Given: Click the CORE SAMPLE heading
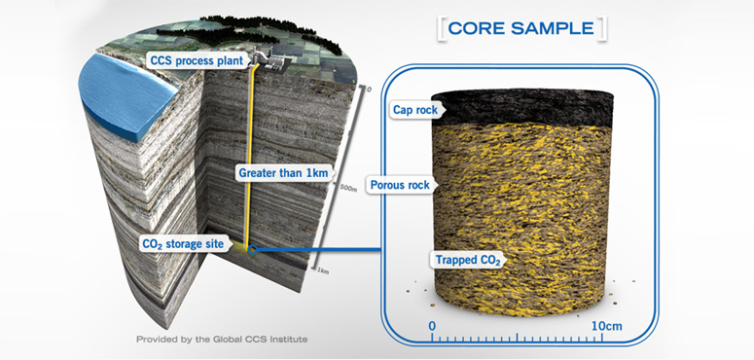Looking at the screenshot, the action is [x=522, y=27].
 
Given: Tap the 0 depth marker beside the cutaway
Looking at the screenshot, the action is [x=369, y=90].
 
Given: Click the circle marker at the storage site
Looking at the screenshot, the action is [x=253, y=250].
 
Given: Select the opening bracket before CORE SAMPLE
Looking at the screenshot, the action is [x=443, y=27].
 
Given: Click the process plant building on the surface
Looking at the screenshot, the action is [x=271, y=60].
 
